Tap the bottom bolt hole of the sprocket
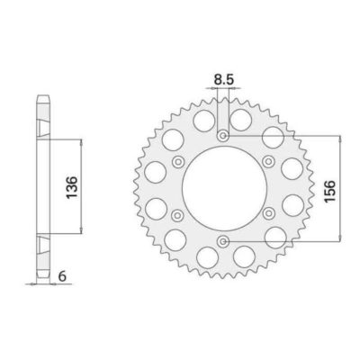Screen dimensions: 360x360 click(x=222, y=239)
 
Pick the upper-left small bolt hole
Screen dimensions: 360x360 click(x=177, y=161)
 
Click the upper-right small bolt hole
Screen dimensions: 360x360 click(x=267, y=161)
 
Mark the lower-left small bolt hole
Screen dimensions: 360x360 click(x=177, y=214)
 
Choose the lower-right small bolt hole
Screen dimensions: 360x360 click(x=267, y=214)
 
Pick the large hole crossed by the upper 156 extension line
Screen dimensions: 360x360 click(x=274, y=136)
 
